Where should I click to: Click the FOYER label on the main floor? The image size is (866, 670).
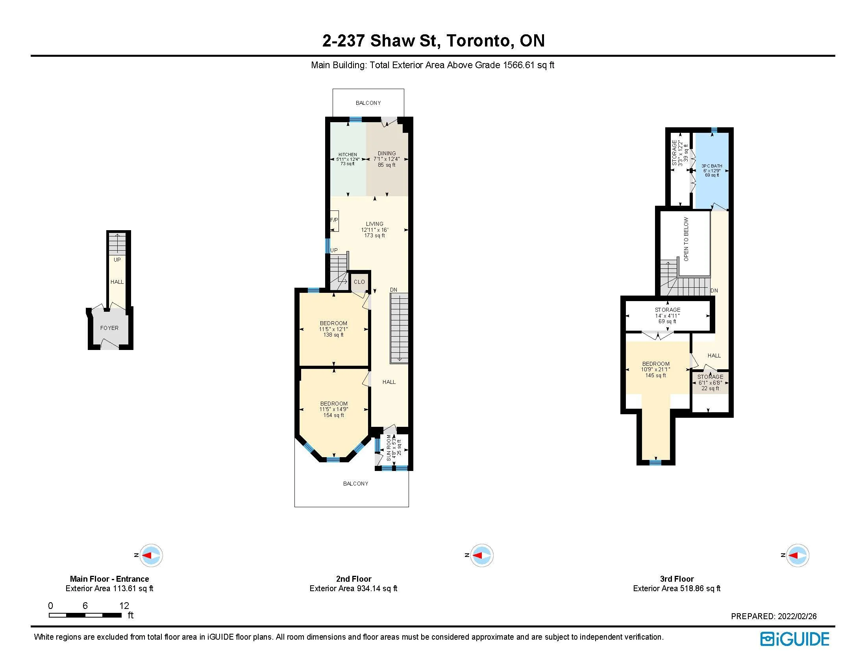pos(109,328)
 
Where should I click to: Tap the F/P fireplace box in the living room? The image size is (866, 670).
pos(334,221)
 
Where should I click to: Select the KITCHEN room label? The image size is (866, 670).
pos(348,154)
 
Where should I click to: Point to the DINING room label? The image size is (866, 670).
pos(387,153)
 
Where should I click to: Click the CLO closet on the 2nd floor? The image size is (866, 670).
pos(359,282)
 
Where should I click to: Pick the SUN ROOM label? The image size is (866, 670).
pos(389,448)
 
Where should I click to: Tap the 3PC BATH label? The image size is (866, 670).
pos(712,166)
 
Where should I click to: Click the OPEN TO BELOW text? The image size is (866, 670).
pos(686,239)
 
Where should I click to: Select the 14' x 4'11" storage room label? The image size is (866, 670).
pos(667,316)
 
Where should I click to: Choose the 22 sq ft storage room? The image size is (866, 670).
pos(710,383)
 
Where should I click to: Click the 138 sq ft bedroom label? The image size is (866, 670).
pos(333,329)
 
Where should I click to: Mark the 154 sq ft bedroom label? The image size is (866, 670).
pos(334,409)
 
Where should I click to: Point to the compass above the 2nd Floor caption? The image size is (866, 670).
pos(481,555)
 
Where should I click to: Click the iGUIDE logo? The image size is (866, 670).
pos(795,639)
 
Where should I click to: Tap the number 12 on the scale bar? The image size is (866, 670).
pos(124,606)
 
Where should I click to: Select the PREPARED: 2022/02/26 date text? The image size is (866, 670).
pos(773,616)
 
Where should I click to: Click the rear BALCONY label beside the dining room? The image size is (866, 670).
pos(368,103)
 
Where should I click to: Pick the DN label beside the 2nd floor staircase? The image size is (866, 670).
pos(393,290)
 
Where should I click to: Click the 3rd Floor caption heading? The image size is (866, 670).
pos(677,579)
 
